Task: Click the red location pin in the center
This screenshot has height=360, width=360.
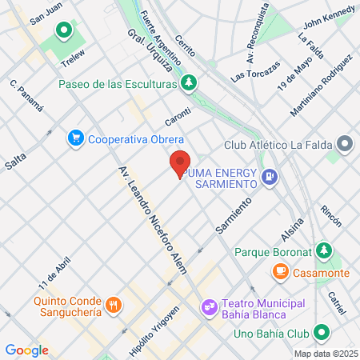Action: point(180,162)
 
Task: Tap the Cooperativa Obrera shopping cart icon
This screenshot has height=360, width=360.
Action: point(77,138)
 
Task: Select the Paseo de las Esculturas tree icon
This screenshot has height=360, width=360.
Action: point(189,82)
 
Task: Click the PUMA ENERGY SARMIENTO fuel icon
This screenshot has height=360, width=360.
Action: point(270,175)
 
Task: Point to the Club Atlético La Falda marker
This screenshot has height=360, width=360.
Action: point(345,145)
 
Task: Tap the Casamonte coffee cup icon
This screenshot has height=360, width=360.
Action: point(281,273)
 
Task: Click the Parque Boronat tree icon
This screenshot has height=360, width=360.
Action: point(323,250)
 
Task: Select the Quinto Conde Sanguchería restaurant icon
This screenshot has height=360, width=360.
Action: point(114,304)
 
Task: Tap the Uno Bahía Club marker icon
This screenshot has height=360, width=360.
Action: point(321,332)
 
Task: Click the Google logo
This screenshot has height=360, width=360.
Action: point(26,350)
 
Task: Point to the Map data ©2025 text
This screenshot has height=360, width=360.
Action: point(325,354)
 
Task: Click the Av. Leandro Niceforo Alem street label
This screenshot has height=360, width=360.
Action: point(153,219)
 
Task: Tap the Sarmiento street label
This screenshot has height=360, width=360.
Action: point(234,214)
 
